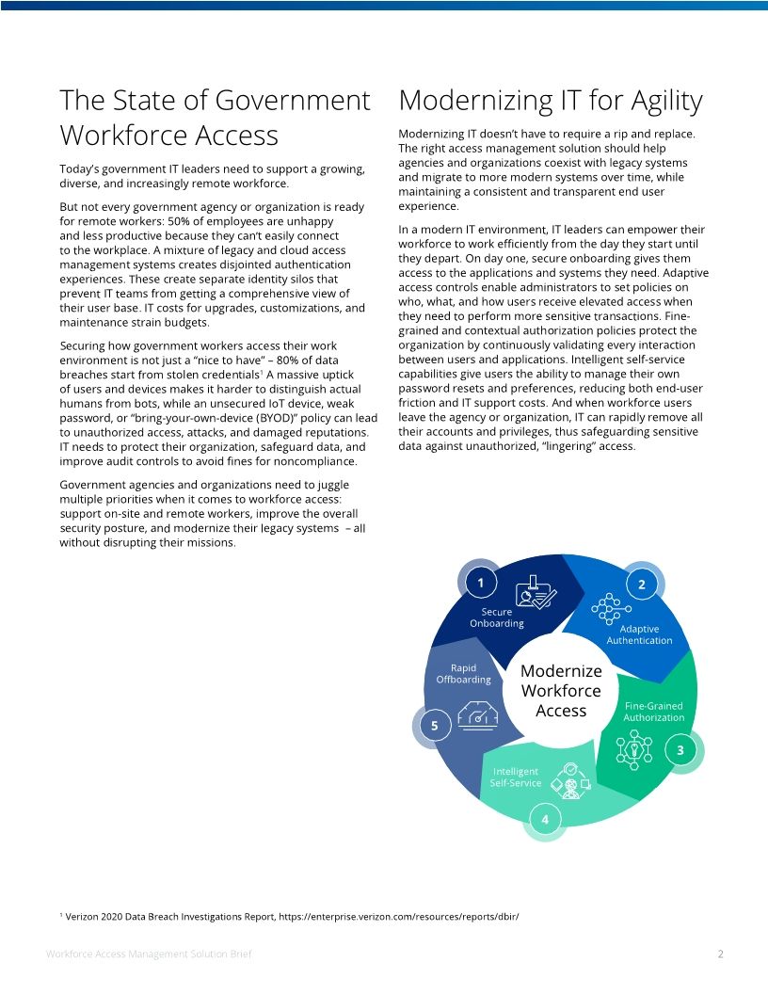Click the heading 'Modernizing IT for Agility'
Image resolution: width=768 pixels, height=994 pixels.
pos(551,101)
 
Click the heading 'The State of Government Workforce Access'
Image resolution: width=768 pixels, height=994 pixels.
pos(215,118)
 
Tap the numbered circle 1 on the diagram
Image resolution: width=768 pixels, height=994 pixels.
pos(480,583)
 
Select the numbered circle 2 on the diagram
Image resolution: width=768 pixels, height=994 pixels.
pos(642,585)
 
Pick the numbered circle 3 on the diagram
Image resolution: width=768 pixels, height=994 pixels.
pos(680,750)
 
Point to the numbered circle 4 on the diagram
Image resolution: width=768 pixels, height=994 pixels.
pos(545,820)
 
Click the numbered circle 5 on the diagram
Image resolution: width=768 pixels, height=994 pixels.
pos(434,726)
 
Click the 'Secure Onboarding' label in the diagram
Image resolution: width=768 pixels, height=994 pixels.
pos(496,617)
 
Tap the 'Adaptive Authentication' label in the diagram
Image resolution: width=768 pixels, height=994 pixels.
pos(639,634)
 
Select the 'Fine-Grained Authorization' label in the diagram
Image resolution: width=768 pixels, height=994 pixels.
pos(653,712)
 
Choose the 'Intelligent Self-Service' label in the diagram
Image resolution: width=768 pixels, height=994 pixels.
pos(516,777)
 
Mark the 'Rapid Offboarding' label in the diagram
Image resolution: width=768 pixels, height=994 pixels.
pos(463,674)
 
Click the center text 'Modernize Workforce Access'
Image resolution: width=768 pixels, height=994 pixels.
pos(561,691)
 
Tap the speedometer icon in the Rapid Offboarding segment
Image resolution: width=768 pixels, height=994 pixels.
pos(477,716)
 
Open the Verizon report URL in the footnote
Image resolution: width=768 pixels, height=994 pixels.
pos(399,915)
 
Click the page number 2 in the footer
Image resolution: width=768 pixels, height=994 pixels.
pos(720,954)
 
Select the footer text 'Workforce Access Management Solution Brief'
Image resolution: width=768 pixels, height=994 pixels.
pos(149,954)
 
